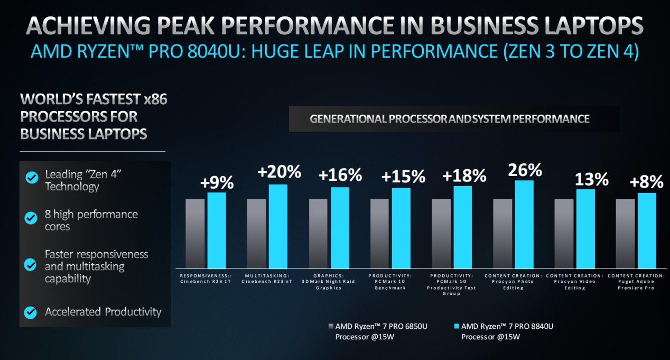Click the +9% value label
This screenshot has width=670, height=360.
point(217,182)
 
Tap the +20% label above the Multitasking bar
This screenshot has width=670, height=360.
point(279,172)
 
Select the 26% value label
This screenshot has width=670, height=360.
point(525,170)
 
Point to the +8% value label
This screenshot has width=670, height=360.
point(646,182)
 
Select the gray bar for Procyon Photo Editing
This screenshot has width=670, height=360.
point(503,233)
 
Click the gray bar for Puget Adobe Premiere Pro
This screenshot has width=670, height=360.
point(625,233)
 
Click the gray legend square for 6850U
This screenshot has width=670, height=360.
point(331,326)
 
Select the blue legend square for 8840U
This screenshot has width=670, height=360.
point(457,326)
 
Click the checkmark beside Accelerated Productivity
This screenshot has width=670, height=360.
point(32,312)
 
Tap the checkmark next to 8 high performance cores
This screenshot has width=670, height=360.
point(32,217)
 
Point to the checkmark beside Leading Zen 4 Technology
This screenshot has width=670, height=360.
point(32,177)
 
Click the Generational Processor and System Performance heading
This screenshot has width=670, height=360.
point(449,119)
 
